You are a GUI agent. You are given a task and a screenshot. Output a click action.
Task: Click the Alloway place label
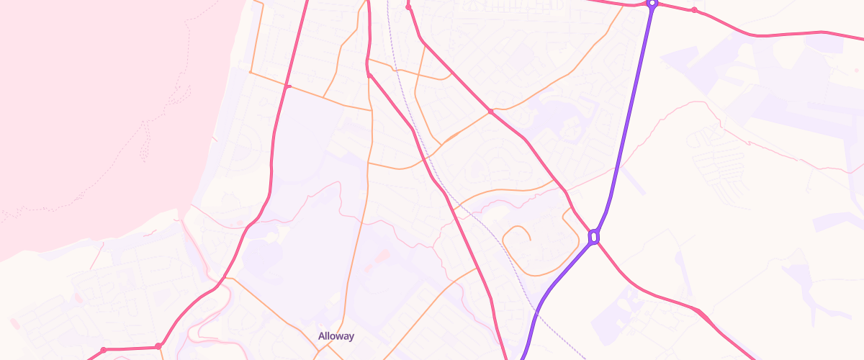pyautogui.click(x=336, y=336)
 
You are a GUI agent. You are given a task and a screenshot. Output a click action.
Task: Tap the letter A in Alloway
pyautogui.click(x=322, y=336)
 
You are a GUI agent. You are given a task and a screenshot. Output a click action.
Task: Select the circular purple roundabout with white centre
pyautogui.click(x=652, y=4)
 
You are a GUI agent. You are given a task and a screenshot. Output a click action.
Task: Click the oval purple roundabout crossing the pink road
pyautogui.click(x=594, y=236)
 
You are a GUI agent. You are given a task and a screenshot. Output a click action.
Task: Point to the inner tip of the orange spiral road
pyautogui.click(x=531, y=238)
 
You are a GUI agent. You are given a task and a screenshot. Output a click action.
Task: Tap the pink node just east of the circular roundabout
pyautogui.click(x=694, y=10)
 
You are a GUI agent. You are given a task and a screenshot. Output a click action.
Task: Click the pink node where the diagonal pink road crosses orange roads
pyautogui.click(x=490, y=112)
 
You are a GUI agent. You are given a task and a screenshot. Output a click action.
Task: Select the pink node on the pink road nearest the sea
pyautogui.click(x=287, y=87)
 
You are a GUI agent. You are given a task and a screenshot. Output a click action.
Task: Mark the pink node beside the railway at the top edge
pyautogui.click(x=408, y=7)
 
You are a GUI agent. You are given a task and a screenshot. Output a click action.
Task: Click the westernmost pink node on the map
pyautogui.click(x=104, y=350)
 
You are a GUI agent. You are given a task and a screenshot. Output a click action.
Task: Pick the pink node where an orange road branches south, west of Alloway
pyautogui.click(x=158, y=347)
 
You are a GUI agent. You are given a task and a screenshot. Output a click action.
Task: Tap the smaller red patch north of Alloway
pyautogui.click(x=369, y=269)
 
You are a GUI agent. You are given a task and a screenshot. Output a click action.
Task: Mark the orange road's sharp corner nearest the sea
pyautogui.click(x=250, y=72)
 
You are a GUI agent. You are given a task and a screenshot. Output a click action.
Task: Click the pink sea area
pyautogui.click(x=86, y=108)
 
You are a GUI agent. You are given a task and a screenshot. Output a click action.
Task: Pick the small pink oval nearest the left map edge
pyautogui.click(x=12, y=322)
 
